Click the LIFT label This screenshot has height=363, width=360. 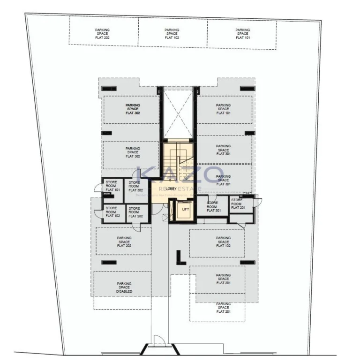[185, 209]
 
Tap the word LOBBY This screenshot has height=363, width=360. [172, 189]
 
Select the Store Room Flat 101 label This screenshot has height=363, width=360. [112, 186]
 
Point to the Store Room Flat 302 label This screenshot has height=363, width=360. [135, 186]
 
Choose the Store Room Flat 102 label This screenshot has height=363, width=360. [112, 212]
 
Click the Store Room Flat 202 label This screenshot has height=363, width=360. [135, 212]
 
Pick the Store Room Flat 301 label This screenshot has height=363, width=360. [212, 206]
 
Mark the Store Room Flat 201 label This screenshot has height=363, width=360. [237, 204]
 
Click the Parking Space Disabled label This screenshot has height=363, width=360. [124, 287]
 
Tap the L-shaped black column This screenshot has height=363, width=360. [179, 257]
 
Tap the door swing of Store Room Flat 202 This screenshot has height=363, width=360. [136, 227]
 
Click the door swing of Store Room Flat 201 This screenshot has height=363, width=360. [257, 202]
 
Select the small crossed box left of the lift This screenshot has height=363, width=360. [165, 217]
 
